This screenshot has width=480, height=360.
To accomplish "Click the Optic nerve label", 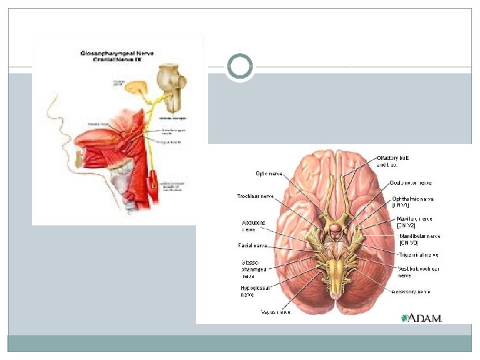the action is (269, 173).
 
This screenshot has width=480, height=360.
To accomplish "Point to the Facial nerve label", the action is (253, 245).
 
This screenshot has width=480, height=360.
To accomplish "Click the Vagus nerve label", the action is (275, 311).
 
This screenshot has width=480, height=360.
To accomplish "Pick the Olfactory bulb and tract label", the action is (397, 161).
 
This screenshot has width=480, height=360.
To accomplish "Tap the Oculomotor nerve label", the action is (411, 182).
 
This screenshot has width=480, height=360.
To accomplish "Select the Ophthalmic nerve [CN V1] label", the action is (413, 201).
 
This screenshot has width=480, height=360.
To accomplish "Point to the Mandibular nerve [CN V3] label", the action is (419, 239).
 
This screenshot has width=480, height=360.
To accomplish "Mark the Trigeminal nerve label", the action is (419, 255).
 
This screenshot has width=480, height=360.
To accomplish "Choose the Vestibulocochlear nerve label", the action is (417, 272).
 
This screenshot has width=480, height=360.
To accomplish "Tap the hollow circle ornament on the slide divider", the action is (239, 67).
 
